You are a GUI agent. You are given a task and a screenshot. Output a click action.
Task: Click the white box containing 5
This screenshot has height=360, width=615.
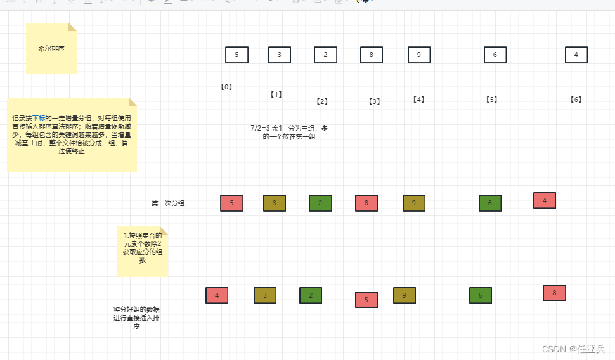[236, 55]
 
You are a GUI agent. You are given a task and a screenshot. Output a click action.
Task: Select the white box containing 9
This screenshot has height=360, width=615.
[419, 55]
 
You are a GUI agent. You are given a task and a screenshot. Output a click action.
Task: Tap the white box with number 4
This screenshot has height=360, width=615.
[576, 55]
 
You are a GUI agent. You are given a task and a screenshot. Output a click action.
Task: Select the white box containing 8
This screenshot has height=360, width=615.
[372, 55]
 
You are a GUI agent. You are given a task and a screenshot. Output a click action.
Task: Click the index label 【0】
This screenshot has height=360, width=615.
[226, 87]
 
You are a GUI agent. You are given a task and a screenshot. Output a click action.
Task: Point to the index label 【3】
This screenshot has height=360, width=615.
[374, 101]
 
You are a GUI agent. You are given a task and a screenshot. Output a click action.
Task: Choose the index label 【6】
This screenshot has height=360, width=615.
[576, 100]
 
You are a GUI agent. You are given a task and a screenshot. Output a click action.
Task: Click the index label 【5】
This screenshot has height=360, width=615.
[491, 100]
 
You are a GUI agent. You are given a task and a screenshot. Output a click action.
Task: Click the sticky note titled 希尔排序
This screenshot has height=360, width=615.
[51, 48]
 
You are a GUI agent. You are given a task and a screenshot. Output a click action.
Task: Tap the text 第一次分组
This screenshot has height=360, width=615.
[168, 203]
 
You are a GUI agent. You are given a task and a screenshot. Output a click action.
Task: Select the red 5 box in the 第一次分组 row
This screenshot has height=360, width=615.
[231, 203]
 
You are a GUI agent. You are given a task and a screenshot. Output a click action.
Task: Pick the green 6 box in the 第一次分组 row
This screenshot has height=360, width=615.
[490, 203]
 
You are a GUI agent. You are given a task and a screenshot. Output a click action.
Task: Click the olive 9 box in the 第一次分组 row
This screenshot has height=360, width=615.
[414, 203]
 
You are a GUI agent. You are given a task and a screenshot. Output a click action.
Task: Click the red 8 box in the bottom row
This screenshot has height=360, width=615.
[554, 293]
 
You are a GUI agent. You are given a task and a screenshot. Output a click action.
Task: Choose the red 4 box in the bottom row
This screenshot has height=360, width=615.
[217, 296]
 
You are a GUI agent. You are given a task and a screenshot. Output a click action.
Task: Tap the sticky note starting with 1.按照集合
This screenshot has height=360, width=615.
[143, 251]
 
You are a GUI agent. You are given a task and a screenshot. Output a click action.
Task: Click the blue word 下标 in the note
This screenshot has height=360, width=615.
[39, 119]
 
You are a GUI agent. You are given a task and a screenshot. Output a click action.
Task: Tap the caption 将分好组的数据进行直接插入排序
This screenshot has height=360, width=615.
[136, 318]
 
